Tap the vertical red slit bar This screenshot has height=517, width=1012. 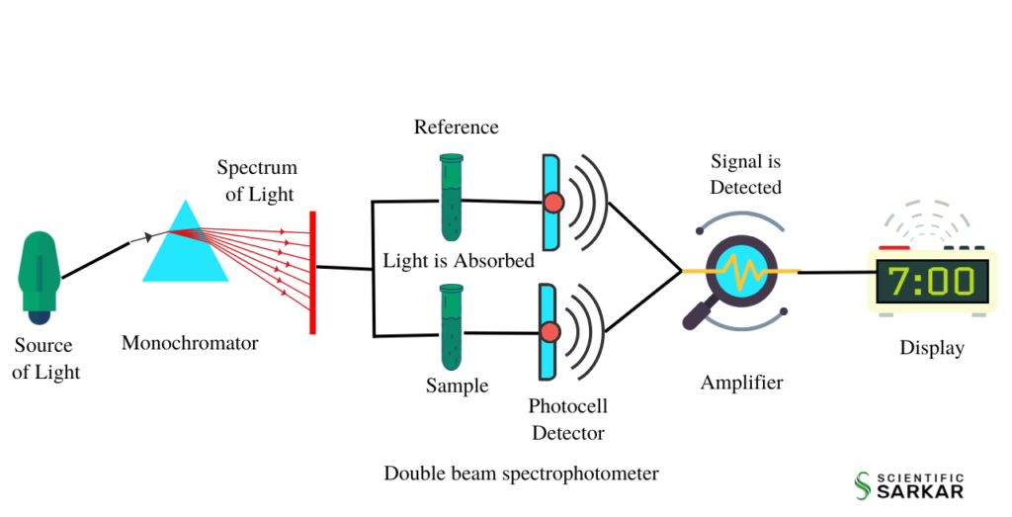312,272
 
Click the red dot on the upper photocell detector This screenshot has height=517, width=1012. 553,203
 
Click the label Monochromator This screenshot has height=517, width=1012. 190,344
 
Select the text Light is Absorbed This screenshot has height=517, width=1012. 459,261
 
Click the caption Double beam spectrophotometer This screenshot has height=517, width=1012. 521,474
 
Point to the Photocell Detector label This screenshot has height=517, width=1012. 567,419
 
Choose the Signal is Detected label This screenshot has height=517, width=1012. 746,174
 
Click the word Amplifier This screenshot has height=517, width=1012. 741,383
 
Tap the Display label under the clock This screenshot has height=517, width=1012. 931,348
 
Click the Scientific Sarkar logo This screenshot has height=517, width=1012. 908,483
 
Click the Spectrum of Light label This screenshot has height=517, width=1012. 257,181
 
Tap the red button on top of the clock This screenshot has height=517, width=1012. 894,247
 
